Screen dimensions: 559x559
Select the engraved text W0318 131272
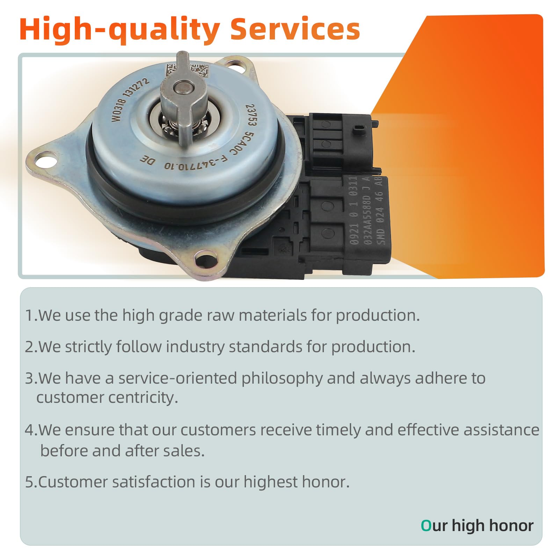(130, 100)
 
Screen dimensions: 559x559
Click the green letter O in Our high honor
(426, 525)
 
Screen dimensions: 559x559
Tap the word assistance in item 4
(502, 430)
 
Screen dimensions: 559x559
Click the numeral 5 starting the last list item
(29, 482)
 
